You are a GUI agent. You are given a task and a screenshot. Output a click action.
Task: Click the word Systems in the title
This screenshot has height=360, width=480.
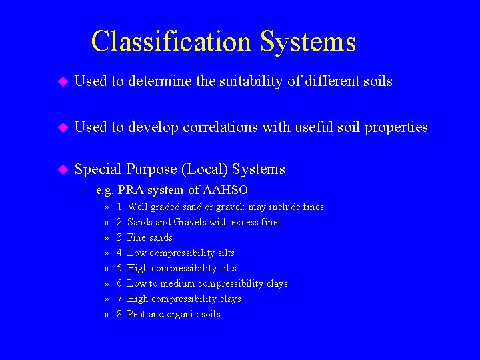(x=308, y=41)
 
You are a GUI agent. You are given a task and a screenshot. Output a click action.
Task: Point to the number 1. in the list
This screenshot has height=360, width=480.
(x=120, y=207)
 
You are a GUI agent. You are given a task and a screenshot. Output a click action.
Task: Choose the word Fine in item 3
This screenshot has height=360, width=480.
(x=137, y=237)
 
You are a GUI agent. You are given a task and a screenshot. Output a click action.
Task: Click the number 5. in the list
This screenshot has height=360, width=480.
(x=120, y=268)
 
